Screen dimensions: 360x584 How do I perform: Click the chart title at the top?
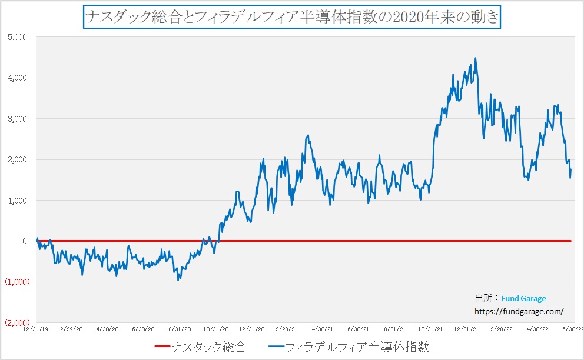pos(291,17)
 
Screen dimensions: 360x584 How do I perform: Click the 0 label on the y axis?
pos(24,241)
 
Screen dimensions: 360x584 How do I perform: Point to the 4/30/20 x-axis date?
pos(107,329)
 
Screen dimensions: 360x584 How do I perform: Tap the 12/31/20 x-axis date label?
pos(250,329)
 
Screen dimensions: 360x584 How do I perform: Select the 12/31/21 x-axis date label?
pos(466,329)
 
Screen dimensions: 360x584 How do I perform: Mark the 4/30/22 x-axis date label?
pos(536,329)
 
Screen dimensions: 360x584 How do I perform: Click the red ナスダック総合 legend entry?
pos(200,347)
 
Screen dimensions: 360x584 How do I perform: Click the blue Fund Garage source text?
pos(523,299)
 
